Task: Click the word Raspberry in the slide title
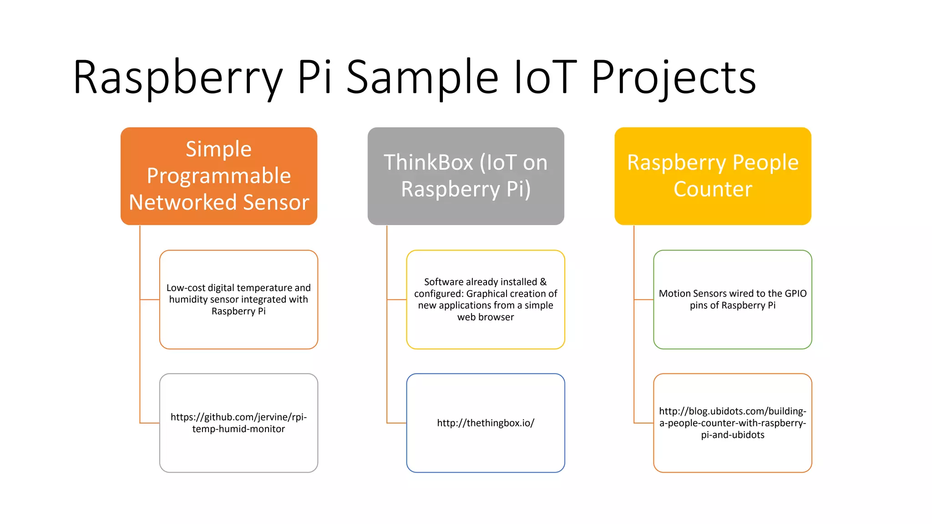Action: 177,78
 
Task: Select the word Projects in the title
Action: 674,78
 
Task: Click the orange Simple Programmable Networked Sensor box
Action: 219,176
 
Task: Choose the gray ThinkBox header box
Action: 466,176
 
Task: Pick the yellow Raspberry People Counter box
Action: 713,176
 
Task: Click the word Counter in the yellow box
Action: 713,189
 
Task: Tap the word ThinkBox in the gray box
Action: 428,163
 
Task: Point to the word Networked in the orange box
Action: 183,203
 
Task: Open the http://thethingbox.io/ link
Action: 486,423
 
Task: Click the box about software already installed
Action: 486,299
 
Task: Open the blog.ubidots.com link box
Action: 733,423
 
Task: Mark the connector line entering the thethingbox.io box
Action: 396,423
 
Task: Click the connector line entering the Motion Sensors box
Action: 643,300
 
